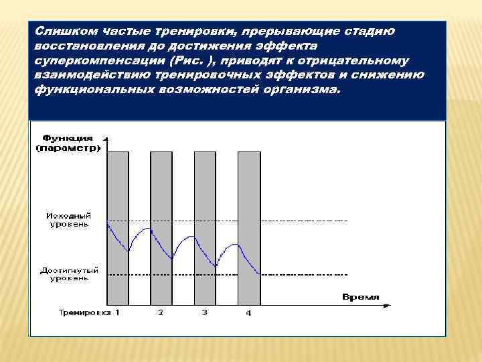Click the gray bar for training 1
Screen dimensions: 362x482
117,188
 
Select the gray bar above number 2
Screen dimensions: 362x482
161,188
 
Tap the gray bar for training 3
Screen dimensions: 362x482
205,188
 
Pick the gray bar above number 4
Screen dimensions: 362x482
248,188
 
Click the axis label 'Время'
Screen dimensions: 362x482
360,296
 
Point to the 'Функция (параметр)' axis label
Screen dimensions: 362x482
68,142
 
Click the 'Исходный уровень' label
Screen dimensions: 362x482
68,220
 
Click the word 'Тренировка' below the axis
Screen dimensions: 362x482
84,312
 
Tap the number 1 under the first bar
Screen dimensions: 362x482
117,312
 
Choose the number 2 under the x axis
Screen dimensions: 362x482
161,312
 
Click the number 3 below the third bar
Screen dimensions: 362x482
205,312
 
